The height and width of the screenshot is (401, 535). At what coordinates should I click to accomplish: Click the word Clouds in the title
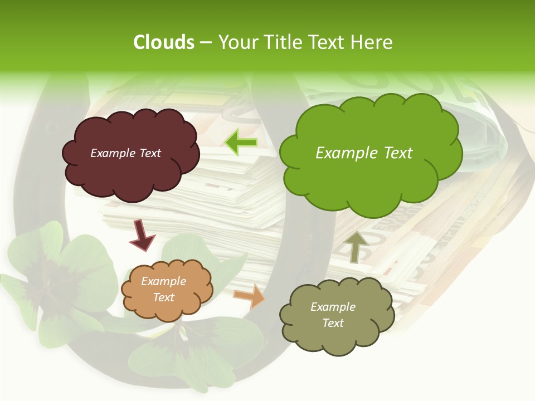point(163,42)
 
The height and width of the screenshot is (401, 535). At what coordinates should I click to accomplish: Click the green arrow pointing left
point(241,142)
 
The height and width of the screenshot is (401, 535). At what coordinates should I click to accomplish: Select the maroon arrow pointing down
point(142,236)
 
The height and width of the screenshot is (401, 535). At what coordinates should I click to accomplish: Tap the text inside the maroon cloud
point(125,153)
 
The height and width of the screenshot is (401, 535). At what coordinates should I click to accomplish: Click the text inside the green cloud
point(364,153)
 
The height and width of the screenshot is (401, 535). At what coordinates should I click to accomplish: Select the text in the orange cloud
point(164,290)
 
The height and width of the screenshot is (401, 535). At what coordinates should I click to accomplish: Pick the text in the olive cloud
point(333,315)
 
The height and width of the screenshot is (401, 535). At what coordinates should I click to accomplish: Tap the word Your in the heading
point(237,42)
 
